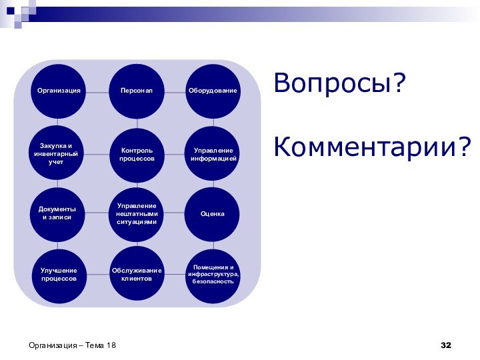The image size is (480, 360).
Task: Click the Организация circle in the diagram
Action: pos(59,90)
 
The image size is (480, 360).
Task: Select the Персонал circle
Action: pos(137,90)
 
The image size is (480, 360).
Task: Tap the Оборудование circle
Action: pos(213,90)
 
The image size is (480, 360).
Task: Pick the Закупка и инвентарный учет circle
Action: pos(56,154)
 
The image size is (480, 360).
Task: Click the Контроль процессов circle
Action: pos(137,155)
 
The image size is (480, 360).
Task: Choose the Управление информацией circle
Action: pos(213,155)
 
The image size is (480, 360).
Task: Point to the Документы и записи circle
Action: pos(57,213)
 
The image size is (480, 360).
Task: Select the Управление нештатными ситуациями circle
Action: pos(137,213)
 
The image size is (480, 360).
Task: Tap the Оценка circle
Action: pos(213,213)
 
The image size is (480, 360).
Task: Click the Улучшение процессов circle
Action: pos(59,274)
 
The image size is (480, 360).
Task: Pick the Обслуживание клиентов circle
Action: pos(137,274)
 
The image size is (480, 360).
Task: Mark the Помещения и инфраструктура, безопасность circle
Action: pos(213,274)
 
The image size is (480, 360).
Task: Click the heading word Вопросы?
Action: pos(339,84)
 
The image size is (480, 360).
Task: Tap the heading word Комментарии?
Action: pos(372,146)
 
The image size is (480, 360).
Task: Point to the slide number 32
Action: pos(446,345)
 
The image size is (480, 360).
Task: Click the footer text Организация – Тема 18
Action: pos(72,345)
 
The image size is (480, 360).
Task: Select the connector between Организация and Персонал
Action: pos(98,91)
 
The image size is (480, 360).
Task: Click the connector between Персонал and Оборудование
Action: pos(175,91)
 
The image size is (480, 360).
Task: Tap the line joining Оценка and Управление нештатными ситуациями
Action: pos(175,213)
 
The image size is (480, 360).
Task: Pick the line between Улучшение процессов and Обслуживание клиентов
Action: pos(98,274)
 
